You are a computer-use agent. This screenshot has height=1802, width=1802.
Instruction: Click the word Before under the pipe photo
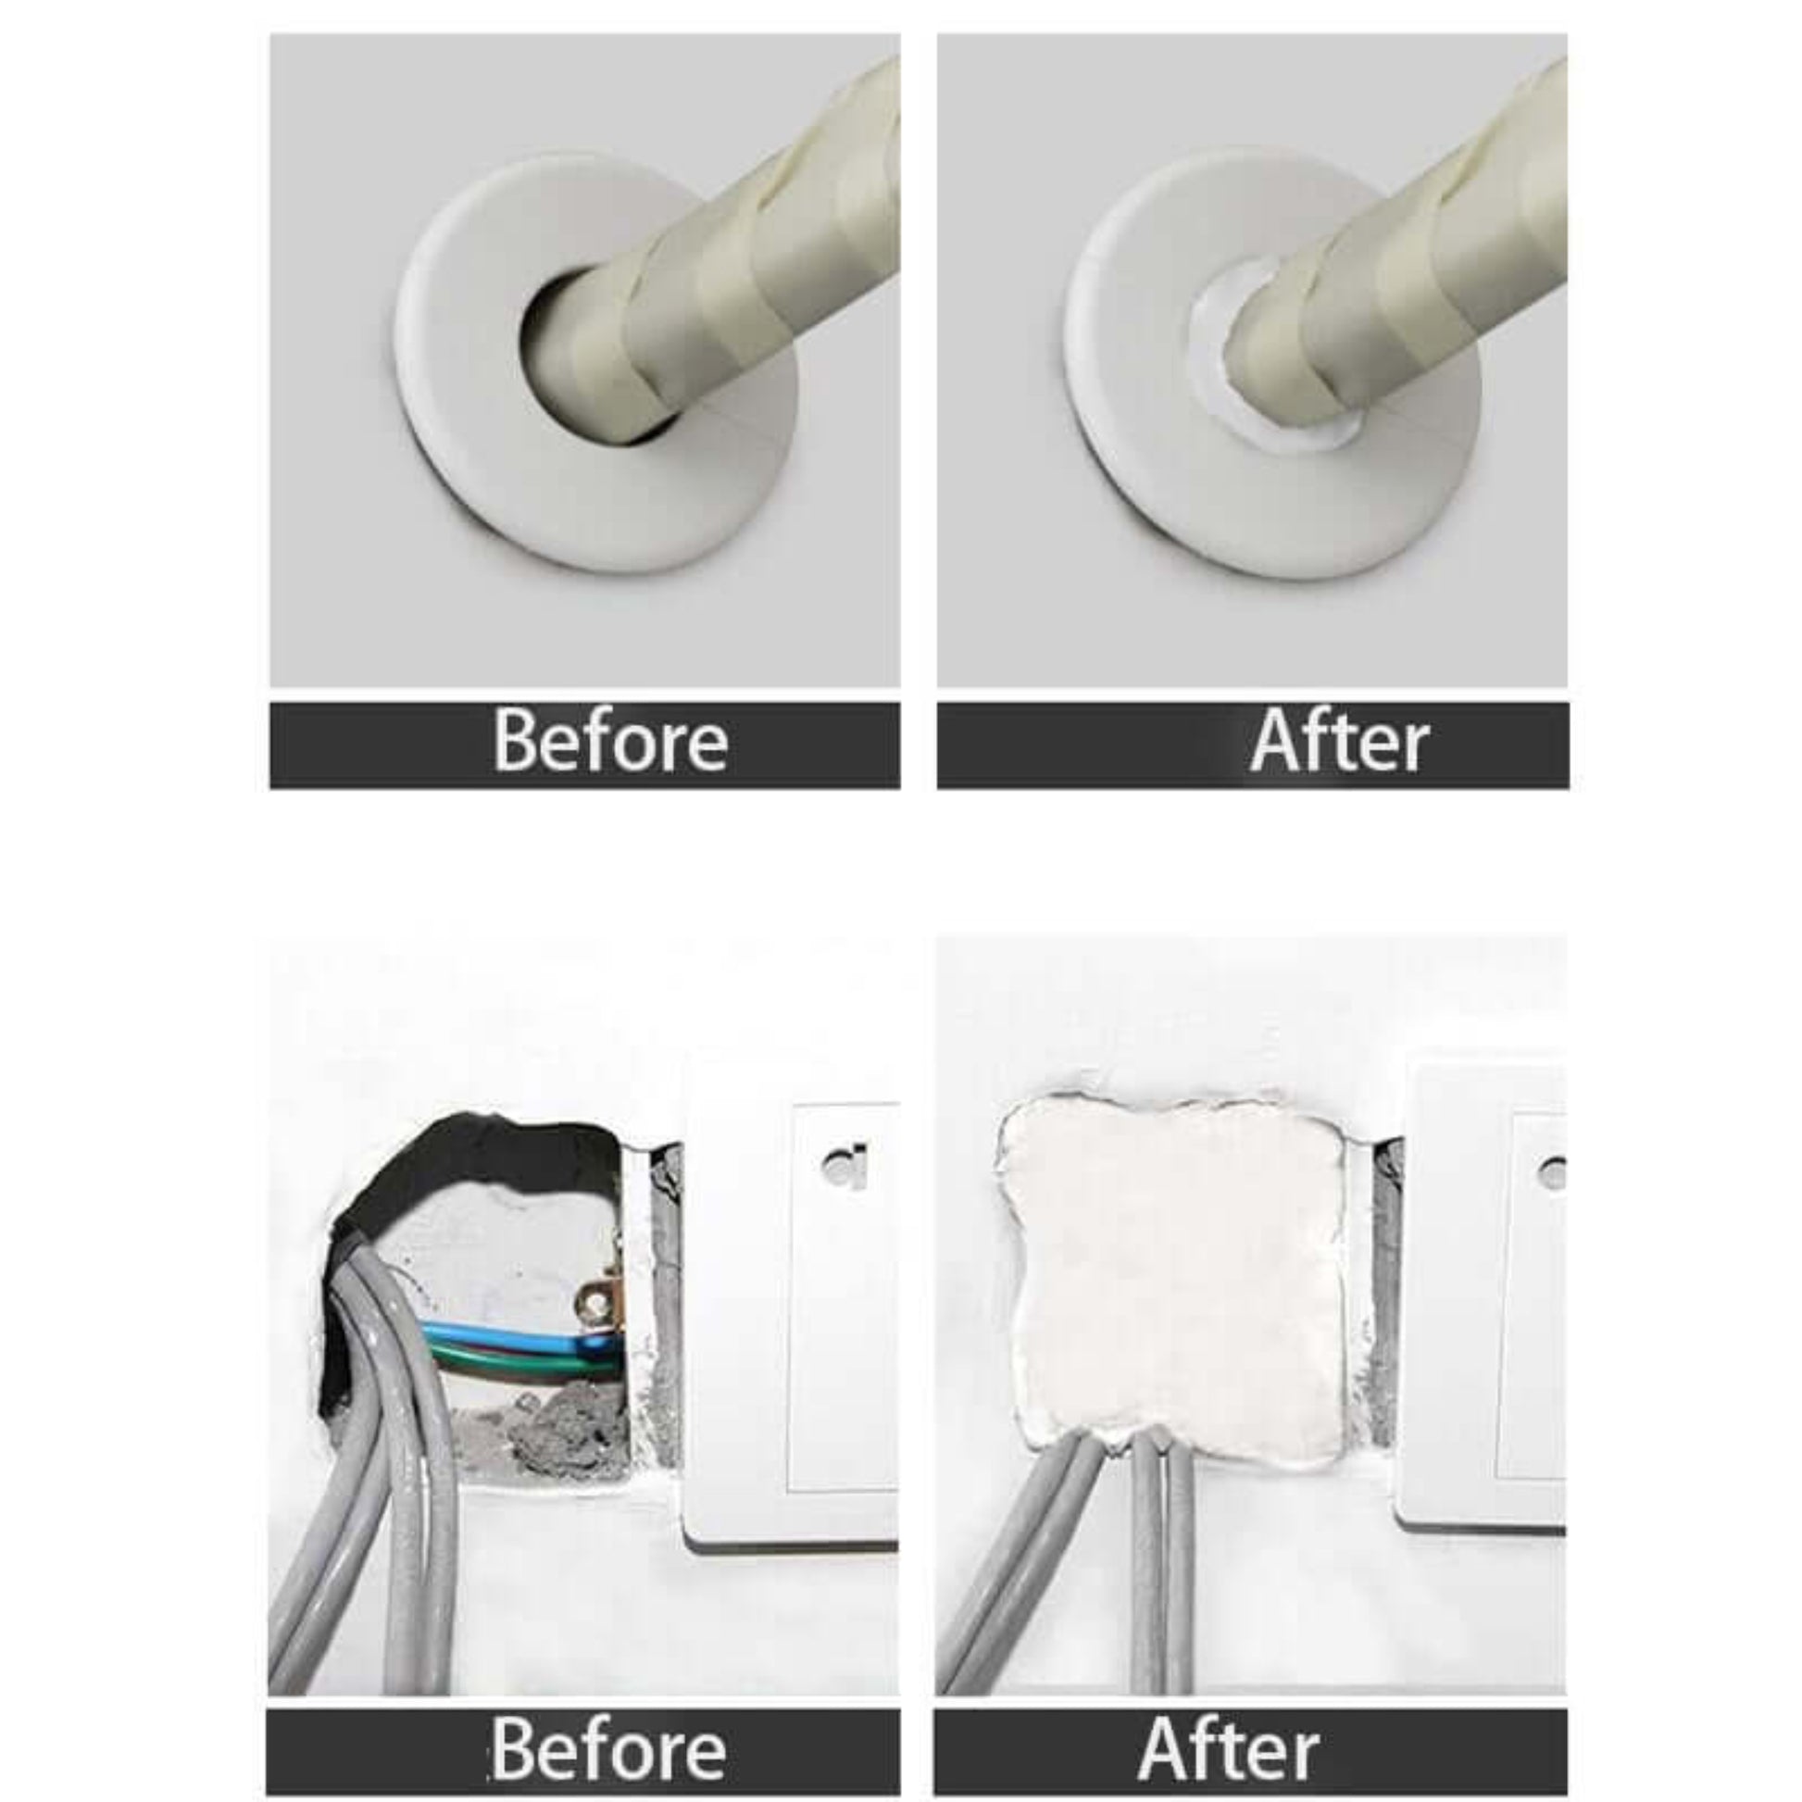(x=610, y=743)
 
